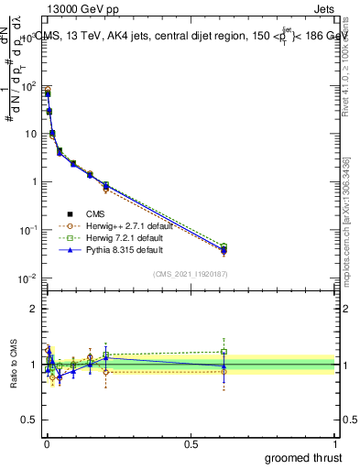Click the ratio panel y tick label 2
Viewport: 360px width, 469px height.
pyautogui.click(x=33, y=309)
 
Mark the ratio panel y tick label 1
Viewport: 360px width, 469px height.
pyautogui.click(x=33, y=365)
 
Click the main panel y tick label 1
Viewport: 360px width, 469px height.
pyautogui.click(x=33, y=181)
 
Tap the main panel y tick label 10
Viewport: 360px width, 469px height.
pyautogui.click(x=28, y=134)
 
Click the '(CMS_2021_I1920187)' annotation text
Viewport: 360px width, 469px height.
pyautogui.click(x=191, y=273)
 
